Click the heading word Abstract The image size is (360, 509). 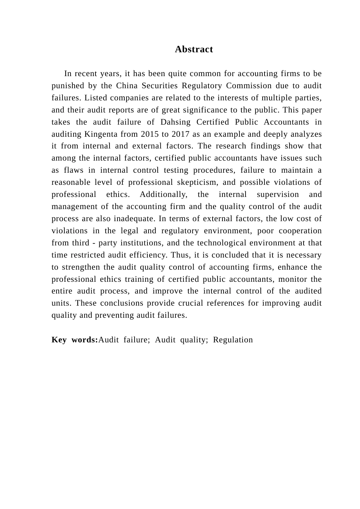[194, 49]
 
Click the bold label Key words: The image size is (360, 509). [75, 340]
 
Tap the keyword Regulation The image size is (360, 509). [233, 340]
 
